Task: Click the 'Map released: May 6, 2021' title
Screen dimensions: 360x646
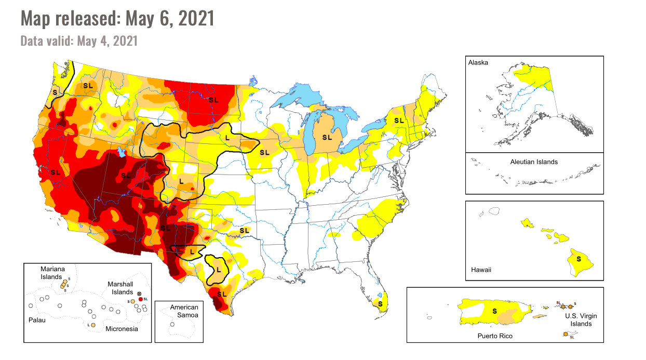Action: pos(117,19)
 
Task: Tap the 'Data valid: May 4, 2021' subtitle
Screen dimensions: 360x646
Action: pos(79,41)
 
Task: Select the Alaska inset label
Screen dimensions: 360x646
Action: pos(478,62)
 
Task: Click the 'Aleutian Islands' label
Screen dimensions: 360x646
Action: pos(533,162)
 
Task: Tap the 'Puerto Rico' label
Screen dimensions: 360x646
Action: pos(495,336)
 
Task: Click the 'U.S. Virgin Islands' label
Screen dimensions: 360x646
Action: pos(577,319)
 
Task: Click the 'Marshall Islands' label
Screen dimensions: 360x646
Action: pos(120,288)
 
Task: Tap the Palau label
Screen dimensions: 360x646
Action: pos(36,320)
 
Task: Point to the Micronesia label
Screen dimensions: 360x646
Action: pos(122,329)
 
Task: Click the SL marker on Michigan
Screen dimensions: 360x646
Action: pos(327,137)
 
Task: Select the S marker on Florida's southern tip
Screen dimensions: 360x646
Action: pos(381,303)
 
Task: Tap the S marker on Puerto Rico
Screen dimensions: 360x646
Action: pos(494,311)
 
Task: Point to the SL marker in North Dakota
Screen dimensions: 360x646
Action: pos(213,100)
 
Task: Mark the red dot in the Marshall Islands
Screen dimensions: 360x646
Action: pos(140,299)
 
